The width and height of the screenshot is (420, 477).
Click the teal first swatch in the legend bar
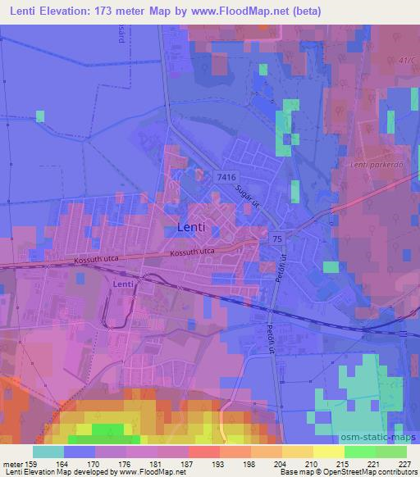[48, 452]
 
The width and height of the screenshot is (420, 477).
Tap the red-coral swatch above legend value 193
[203, 452]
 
